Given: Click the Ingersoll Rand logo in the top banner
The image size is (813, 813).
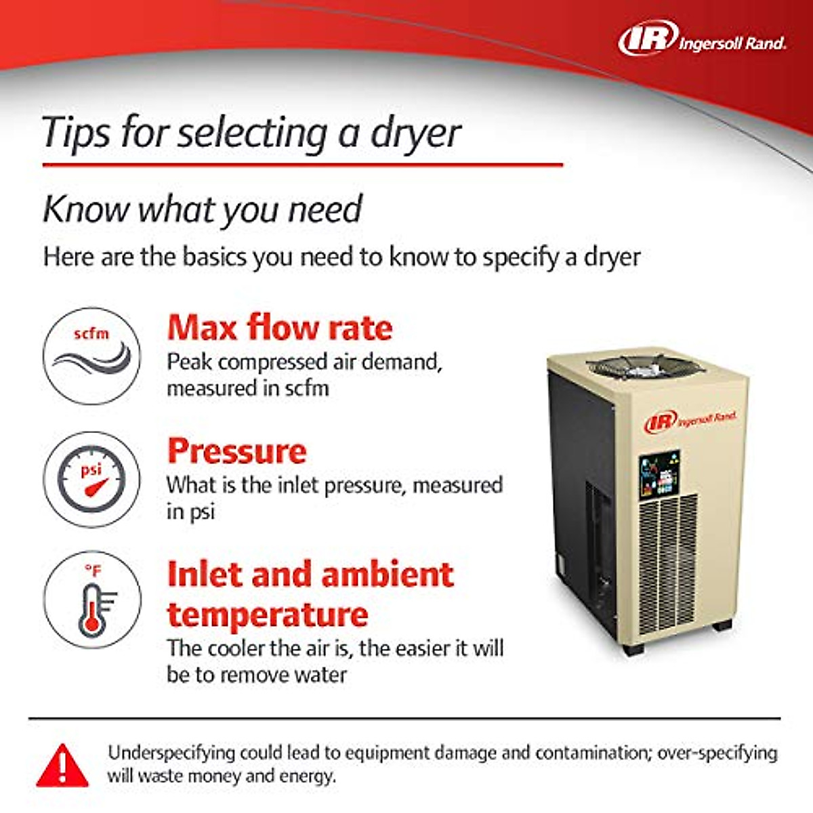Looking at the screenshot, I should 702,39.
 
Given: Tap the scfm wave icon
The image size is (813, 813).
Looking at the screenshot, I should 92,356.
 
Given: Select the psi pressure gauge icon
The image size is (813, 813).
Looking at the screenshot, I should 92,479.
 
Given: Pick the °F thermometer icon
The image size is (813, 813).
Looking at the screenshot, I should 92,600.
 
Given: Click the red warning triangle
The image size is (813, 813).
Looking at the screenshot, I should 62,766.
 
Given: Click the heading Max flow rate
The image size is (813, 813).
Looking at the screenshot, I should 279,328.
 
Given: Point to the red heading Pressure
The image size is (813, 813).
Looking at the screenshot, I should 236,451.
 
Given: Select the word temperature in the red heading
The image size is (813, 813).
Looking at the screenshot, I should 268,614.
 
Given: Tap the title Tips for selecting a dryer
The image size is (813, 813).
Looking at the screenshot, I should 251,132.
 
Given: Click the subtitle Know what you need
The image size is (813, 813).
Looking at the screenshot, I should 203,209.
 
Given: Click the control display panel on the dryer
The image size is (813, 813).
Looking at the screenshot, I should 659,473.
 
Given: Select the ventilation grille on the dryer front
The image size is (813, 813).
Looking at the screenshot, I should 668,562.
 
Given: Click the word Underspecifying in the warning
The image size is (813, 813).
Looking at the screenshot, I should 171,753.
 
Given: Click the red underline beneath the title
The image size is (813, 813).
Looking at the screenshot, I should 302,165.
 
